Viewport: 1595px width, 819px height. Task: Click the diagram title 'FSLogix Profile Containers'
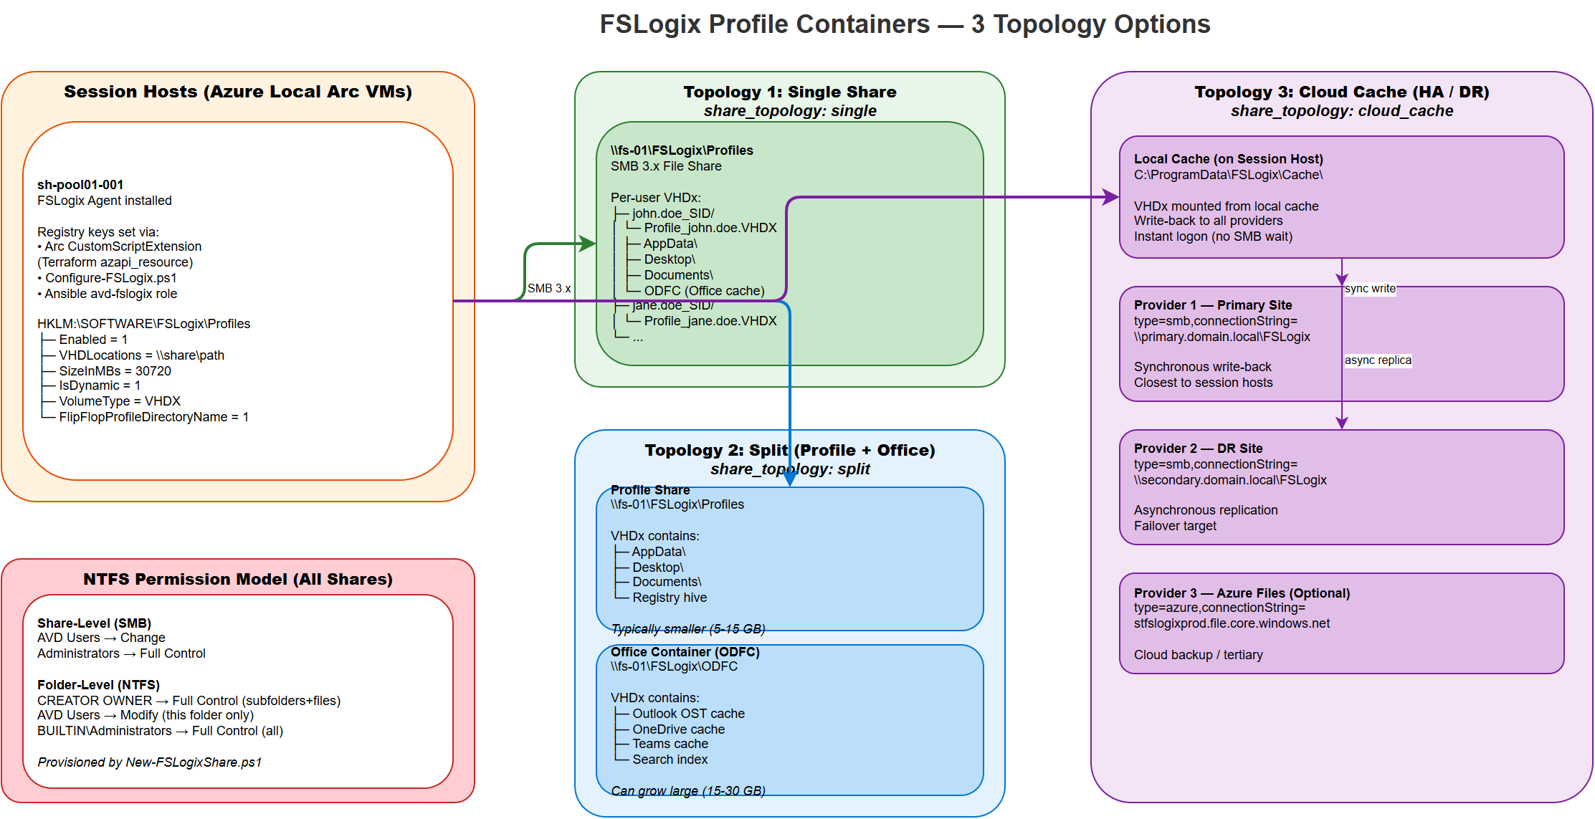tap(764, 24)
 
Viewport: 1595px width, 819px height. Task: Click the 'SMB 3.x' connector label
tap(549, 288)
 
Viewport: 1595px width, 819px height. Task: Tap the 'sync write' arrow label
tap(1370, 288)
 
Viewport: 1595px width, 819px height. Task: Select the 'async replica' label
tap(1378, 360)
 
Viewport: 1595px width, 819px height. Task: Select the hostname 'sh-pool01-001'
tap(80, 185)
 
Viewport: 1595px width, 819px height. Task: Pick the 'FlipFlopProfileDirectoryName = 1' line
tap(153, 417)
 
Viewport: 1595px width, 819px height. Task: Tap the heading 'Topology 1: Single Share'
tap(789, 92)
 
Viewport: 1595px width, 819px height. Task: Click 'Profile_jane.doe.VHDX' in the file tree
tap(710, 321)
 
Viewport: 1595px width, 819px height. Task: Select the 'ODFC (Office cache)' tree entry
tap(704, 291)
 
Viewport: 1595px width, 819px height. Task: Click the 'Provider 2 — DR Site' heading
tap(1198, 449)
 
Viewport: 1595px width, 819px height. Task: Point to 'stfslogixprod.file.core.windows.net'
tap(1232, 623)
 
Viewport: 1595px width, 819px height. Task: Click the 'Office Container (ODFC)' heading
tap(685, 652)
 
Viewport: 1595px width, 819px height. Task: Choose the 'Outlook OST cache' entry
tap(688, 714)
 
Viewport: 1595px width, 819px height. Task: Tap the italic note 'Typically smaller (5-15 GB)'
tap(688, 629)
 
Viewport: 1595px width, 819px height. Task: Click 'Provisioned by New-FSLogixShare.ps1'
tap(149, 762)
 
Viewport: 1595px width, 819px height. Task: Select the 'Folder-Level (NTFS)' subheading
tap(98, 685)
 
